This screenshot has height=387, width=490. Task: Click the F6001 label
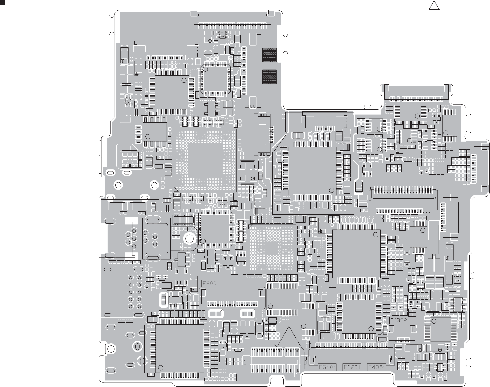pos(210,283)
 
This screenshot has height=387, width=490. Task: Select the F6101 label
pos(327,367)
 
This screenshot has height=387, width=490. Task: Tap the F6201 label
pos(352,367)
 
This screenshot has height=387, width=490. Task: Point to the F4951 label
pos(376,367)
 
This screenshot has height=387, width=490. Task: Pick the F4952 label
pos(399,320)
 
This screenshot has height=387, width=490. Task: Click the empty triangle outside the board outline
pos(434,6)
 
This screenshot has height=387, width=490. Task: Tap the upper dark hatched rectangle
pos(269,55)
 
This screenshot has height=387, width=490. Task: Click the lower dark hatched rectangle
pos(269,77)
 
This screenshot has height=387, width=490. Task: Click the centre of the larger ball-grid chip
pos(205,160)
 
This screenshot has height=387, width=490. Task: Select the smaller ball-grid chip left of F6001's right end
pos(272,249)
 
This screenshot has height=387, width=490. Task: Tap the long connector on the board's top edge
pos(232,18)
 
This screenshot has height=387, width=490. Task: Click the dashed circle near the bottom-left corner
pos(142,361)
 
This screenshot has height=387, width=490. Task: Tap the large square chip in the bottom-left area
pos(180,348)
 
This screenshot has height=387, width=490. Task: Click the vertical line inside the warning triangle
pos(289,337)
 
